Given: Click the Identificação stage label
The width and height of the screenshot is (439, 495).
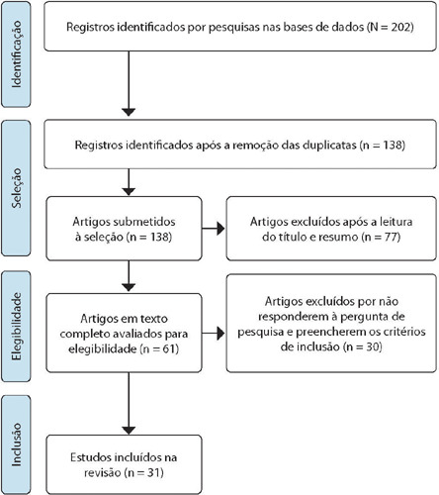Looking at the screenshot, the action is tap(16, 54).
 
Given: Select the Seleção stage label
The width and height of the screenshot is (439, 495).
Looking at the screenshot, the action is tap(16, 188).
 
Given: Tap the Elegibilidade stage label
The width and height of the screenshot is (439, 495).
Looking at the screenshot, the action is tap(16, 327).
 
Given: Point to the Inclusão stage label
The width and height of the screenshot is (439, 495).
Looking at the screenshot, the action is tap(16, 445).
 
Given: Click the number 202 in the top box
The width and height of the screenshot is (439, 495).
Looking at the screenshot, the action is tap(400, 27).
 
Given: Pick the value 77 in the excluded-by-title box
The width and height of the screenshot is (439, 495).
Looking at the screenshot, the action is tap(390, 237).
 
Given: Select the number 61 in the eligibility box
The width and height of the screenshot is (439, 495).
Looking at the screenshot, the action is tap(169, 348).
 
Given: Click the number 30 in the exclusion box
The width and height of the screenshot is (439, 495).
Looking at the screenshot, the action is tap(372, 346).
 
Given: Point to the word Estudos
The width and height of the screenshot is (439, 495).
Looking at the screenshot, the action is tap(91, 457).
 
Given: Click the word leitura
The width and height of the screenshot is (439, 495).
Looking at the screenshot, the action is tap(396, 222).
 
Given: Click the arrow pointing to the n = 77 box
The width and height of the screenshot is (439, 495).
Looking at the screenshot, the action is tap(214, 229).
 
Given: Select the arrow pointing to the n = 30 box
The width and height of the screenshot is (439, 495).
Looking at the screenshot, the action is tap(214, 334).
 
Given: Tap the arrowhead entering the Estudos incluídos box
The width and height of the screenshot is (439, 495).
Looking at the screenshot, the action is tap(129, 431).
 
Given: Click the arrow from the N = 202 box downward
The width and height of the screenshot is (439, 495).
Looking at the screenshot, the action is tap(129, 83).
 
